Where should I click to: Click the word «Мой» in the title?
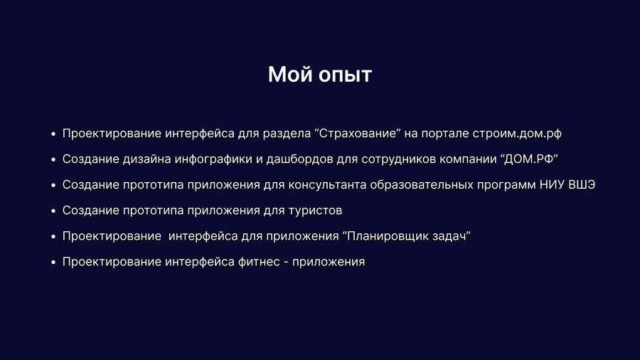[x=290, y=74]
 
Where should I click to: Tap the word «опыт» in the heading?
[x=346, y=76]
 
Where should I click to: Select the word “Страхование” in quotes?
[x=358, y=134]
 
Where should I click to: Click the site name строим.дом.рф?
[x=517, y=134]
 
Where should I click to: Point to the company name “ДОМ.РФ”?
[x=529, y=159]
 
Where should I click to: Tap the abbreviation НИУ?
[x=553, y=185]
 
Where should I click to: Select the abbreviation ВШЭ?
[x=582, y=185]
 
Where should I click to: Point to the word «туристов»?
[x=315, y=211]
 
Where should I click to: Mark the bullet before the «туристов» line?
[x=53, y=211]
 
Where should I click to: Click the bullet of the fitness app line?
[x=53, y=263]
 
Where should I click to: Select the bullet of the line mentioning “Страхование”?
[x=53, y=134]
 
